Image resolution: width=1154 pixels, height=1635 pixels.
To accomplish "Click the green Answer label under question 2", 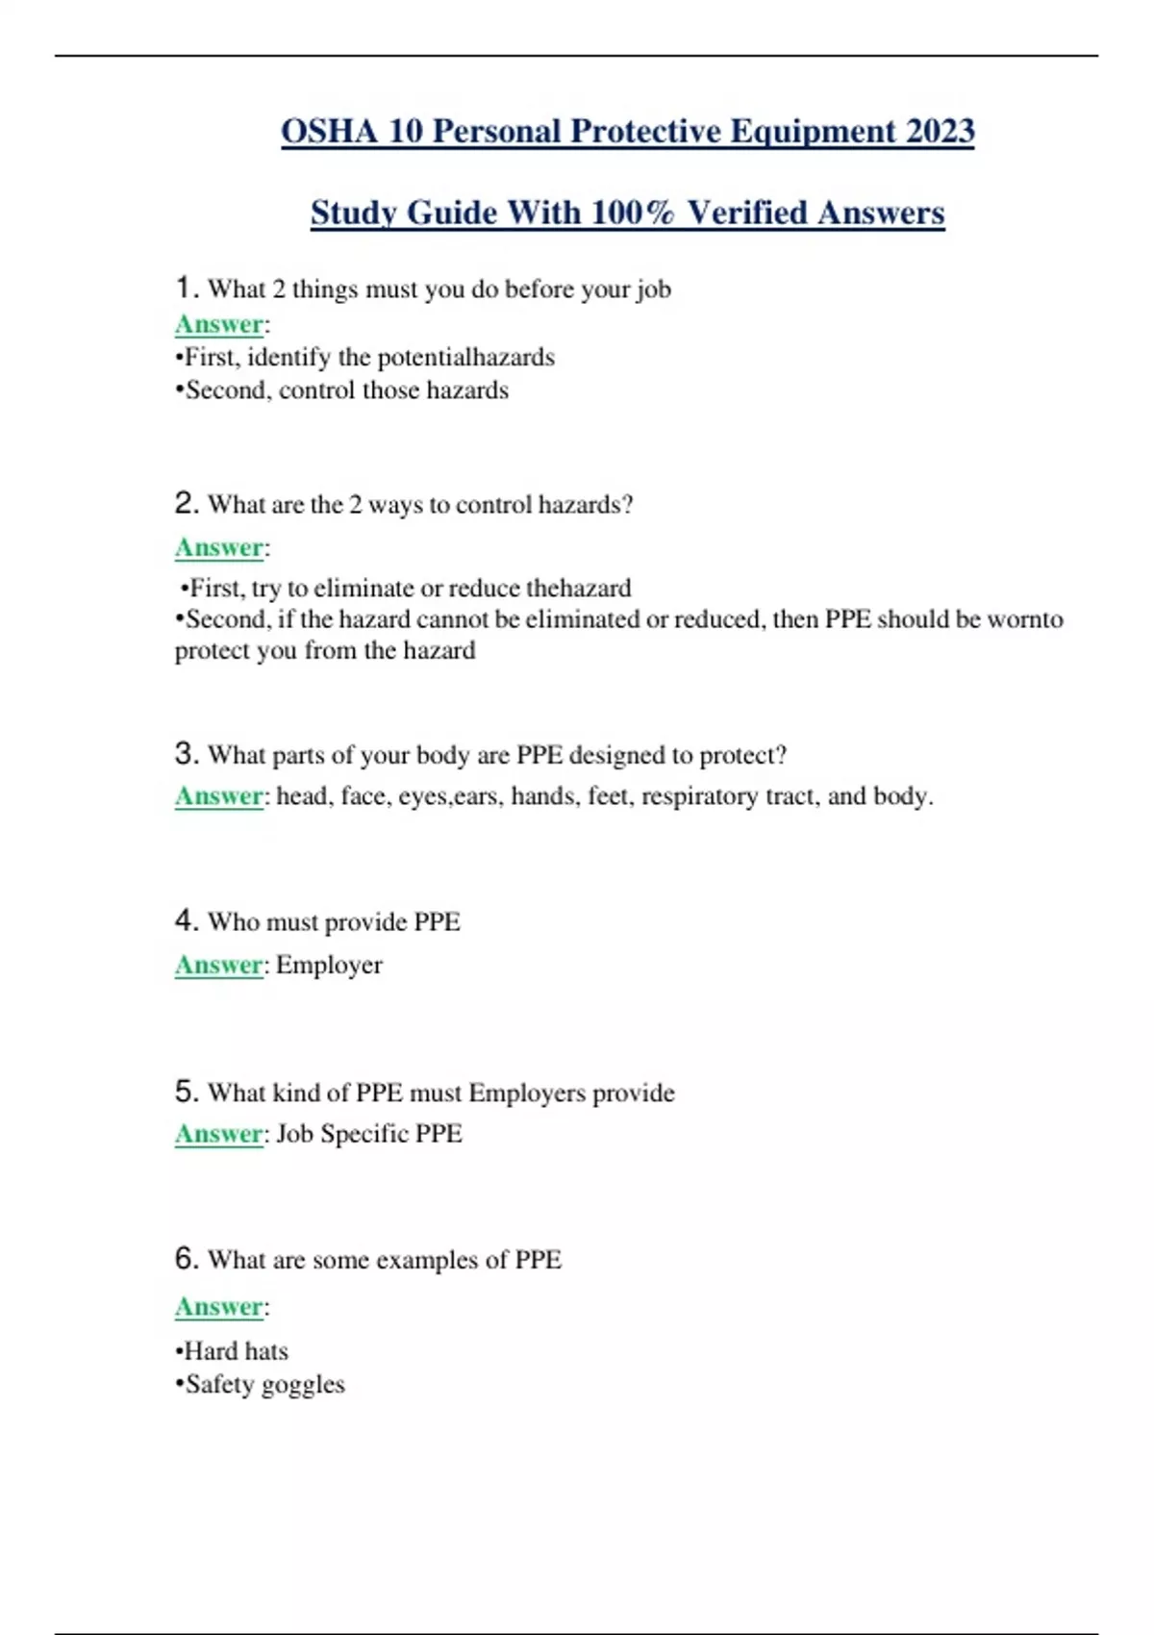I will [219, 548].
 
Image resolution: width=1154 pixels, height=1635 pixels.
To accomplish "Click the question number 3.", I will [186, 754].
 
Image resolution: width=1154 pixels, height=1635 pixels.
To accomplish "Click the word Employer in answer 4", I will [329, 965].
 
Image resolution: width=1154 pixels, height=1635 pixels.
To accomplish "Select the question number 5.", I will [186, 1092].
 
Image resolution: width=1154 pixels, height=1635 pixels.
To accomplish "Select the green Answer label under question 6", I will [219, 1307].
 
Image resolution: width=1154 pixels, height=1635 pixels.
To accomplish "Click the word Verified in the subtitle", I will [746, 213].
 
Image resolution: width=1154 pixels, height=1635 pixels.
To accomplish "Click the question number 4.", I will [186, 921].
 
